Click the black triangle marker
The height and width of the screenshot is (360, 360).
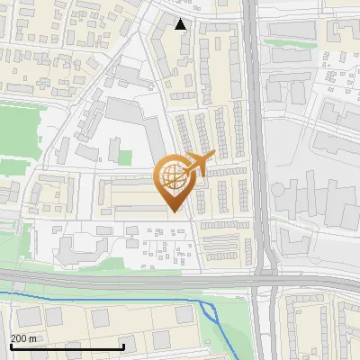coord(181,24)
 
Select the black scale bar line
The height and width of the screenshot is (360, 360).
coord(67,346)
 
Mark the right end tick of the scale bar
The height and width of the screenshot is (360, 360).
coord(123,346)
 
